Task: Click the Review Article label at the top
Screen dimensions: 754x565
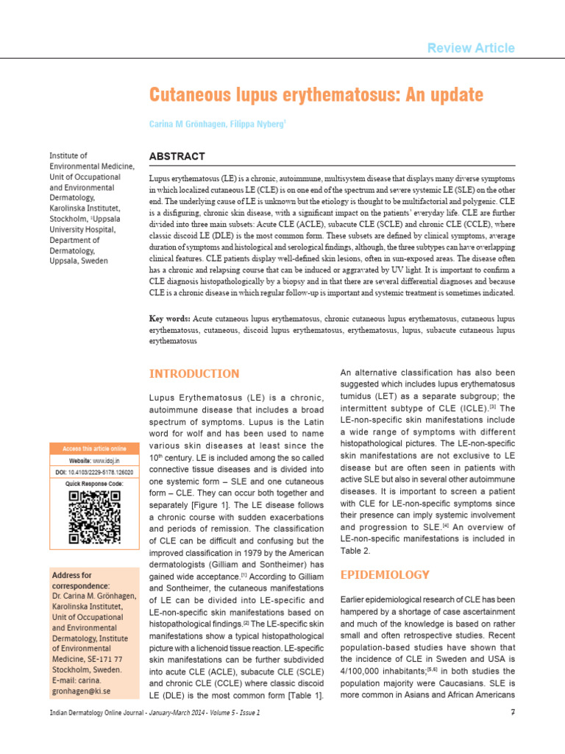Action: coord(471,48)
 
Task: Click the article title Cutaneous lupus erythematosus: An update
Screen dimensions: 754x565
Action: coord(316,95)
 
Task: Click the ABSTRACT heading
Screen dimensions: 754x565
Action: coord(177,157)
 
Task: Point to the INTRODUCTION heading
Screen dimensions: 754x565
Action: coord(194,373)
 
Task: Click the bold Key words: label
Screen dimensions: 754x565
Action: coord(170,319)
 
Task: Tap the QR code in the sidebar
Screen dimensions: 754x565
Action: coord(94,516)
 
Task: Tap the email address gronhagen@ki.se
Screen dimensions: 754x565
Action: coord(82,692)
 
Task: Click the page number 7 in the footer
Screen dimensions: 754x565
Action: coord(511,713)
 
